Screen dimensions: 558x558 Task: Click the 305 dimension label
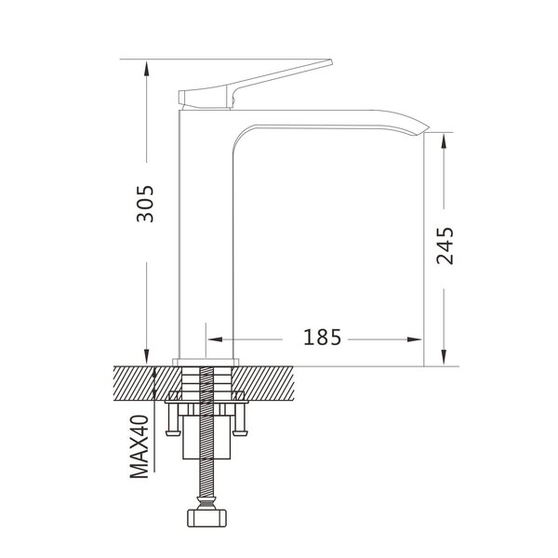click(x=145, y=204)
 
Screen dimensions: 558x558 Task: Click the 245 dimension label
click(x=445, y=246)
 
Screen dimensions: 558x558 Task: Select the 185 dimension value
click(x=322, y=337)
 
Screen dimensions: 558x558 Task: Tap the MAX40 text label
click(x=139, y=446)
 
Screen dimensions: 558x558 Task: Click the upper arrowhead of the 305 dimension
click(x=146, y=68)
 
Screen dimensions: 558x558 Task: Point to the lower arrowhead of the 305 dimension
click(x=147, y=357)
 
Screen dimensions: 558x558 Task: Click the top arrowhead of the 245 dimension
click(x=444, y=141)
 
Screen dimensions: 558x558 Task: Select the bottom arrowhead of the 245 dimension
click(x=444, y=357)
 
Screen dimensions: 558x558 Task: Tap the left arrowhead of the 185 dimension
click(x=215, y=339)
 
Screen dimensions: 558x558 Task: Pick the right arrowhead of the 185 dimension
click(x=415, y=339)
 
